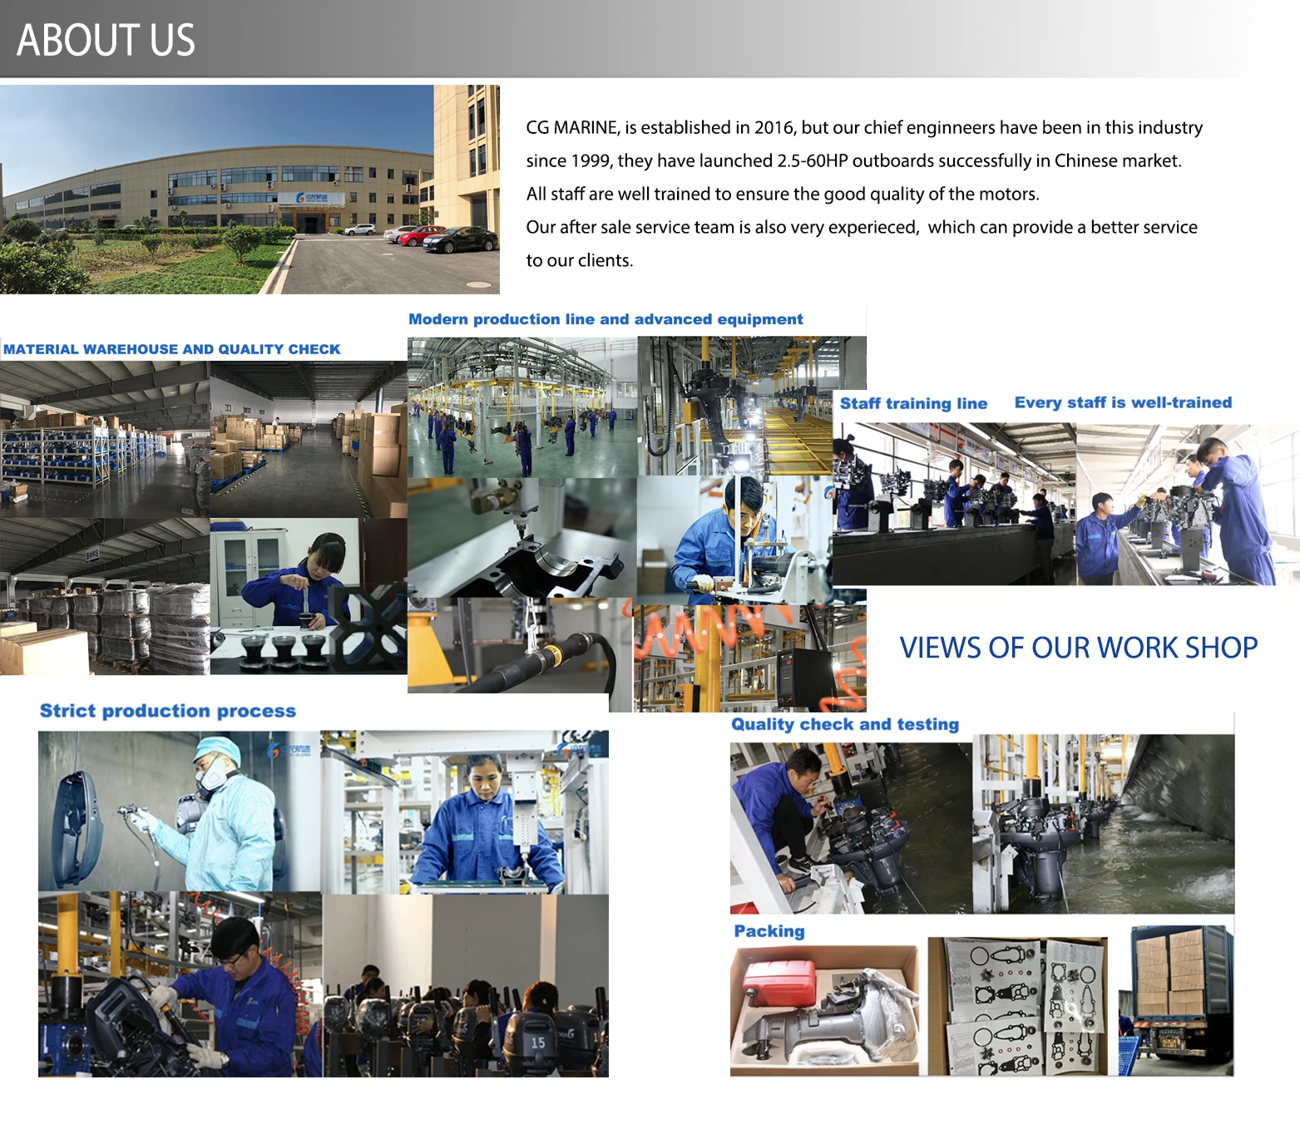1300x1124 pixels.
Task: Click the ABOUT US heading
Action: (106, 40)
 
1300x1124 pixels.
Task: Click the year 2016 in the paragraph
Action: (774, 127)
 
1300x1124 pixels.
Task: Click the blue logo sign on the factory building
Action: (311, 199)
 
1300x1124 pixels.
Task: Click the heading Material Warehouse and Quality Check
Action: (172, 349)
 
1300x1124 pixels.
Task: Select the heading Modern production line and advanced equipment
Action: (606, 319)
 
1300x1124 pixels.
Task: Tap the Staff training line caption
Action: (913, 403)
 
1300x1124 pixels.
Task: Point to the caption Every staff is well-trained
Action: (1123, 402)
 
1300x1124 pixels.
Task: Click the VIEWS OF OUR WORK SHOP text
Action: (1078, 647)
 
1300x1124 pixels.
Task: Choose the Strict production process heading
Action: (168, 711)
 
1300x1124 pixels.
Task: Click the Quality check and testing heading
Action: (845, 724)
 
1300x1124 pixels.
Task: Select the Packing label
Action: (769, 931)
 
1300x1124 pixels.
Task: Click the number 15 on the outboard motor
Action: (537, 1043)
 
